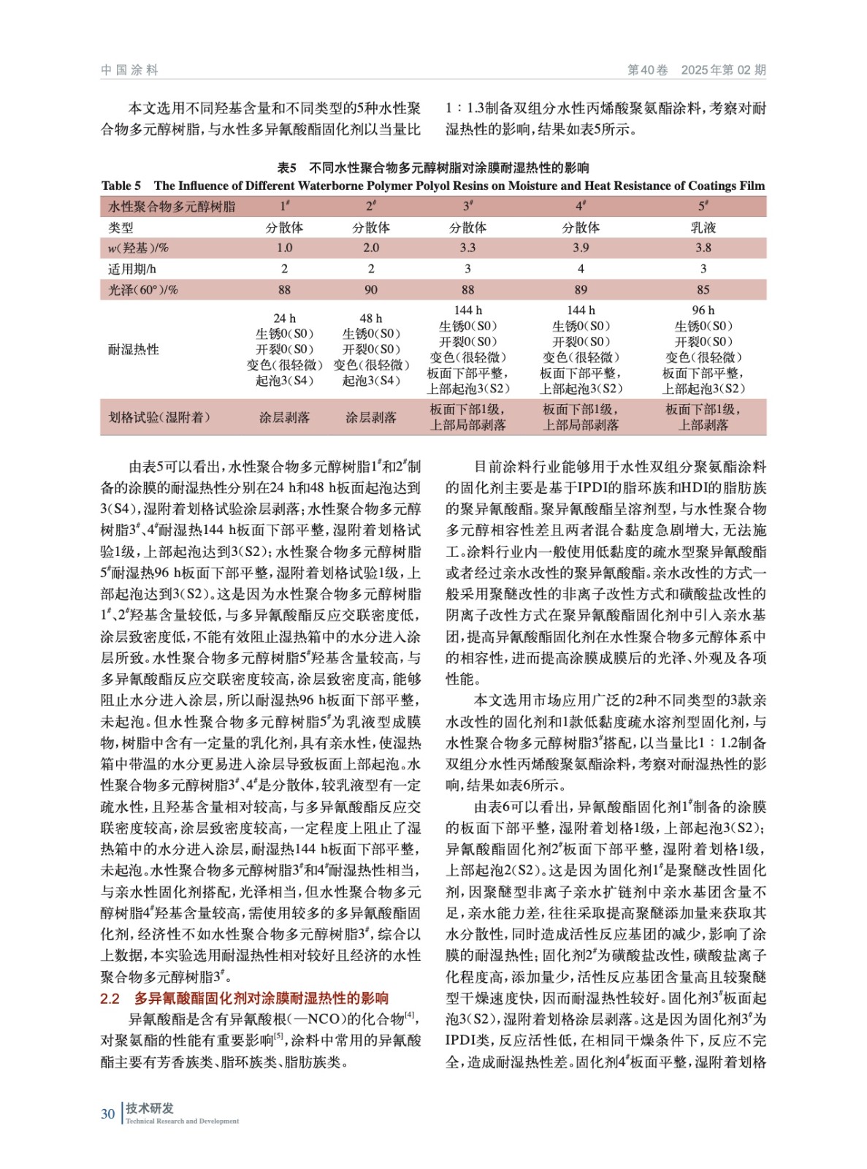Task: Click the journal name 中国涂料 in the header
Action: click(x=129, y=70)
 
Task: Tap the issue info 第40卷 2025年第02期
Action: click(x=696, y=70)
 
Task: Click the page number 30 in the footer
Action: click(x=108, y=1113)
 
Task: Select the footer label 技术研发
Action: click(x=150, y=1108)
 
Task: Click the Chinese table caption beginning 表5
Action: click(x=433, y=168)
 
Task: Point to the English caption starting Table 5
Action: click(x=433, y=186)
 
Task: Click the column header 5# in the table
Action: click(x=703, y=206)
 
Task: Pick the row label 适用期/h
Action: click(x=132, y=269)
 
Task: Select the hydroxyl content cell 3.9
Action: click(x=581, y=248)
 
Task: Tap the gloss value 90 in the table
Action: click(x=371, y=290)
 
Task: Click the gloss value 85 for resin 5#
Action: click(x=703, y=290)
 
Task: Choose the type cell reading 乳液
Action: click(x=703, y=227)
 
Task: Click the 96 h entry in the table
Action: click(x=703, y=311)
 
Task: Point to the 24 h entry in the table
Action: click(x=284, y=319)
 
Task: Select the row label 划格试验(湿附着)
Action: click(x=159, y=417)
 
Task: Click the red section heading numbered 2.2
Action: click(x=244, y=998)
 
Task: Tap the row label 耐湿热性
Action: click(x=134, y=349)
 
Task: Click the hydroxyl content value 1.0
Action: click(x=284, y=248)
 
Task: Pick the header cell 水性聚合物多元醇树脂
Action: click(x=172, y=207)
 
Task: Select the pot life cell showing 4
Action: click(x=581, y=269)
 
